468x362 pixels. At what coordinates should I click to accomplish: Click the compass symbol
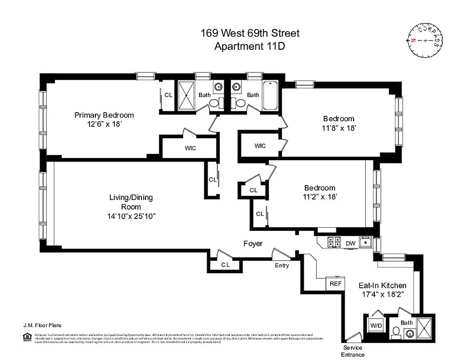pyautogui.click(x=425, y=40)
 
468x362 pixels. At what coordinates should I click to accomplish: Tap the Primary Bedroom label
pyautogui.click(x=104, y=115)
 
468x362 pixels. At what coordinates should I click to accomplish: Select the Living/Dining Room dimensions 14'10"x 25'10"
pyautogui.click(x=129, y=216)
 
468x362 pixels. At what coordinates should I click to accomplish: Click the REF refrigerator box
pyautogui.click(x=335, y=284)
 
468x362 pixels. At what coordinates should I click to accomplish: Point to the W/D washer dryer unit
pyautogui.click(x=376, y=325)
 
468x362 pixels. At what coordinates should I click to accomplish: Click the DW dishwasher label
pyautogui.click(x=350, y=243)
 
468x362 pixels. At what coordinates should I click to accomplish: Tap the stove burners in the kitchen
pyautogui.click(x=334, y=242)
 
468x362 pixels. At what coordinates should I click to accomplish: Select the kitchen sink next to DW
pyautogui.click(x=364, y=243)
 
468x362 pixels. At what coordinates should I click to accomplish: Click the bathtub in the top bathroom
pyautogui.click(x=270, y=96)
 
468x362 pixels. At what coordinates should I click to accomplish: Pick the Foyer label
pyautogui.click(x=253, y=244)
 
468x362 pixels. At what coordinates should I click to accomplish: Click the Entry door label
pyautogui.click(x=282, y=266)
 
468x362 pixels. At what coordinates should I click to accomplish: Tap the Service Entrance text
pyautogui.click(x=353, y=351)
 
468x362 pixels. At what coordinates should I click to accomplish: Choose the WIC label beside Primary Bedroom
pyautogui.click(x=190, y=148)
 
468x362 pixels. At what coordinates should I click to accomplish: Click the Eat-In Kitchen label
pyautogui.click(x=382, y=286)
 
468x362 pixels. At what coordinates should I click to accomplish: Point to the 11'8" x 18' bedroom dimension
pyautogui.click(x=336, y=128)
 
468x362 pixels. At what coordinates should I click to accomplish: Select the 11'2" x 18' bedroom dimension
pyautogui.click(x=319, y=197)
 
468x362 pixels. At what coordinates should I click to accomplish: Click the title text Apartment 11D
pyautogui.click(x=250, y=46)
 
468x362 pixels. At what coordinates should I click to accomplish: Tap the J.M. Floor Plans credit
pyautogui.click(x=43, y=325)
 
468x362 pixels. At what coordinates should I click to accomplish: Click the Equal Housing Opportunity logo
pyautogui.click(x=25, y=336)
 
